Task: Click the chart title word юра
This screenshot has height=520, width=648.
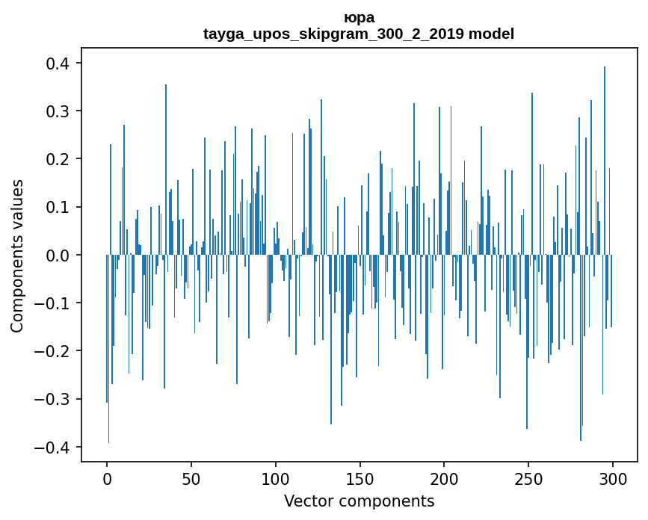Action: [359, 17]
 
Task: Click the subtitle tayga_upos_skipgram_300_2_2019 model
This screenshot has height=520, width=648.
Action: [359, 34]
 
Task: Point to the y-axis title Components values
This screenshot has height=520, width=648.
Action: [16, 256]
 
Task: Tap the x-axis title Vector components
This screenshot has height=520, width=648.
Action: [359, 501]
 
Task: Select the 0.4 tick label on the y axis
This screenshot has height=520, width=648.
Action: [59, 64]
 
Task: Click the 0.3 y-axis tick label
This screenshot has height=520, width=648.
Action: [59, 111]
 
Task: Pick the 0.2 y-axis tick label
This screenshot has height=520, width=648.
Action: [59, 159]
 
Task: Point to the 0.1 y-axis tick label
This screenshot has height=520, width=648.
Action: [59, 207]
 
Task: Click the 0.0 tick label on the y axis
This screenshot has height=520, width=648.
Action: [59, 256]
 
